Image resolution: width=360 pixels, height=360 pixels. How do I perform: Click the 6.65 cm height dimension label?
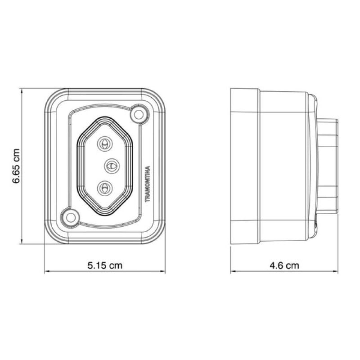[16, 166]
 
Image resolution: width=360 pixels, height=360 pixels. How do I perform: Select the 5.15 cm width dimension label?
[105, 265]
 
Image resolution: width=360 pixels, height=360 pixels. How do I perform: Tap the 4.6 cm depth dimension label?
[284, 265]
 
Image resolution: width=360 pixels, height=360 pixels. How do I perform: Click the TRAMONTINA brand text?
[148, 184]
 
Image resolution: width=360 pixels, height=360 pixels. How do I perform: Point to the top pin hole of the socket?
[105, 144]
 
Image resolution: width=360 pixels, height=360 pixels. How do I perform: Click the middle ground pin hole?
[112, 166]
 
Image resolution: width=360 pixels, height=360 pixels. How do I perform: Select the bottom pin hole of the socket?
[105, 188]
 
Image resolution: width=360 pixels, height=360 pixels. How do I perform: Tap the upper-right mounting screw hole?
[139, 114]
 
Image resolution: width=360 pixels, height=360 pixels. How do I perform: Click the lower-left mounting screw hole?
[71, 217]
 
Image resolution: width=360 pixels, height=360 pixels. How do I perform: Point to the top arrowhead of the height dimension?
[22, 91]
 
